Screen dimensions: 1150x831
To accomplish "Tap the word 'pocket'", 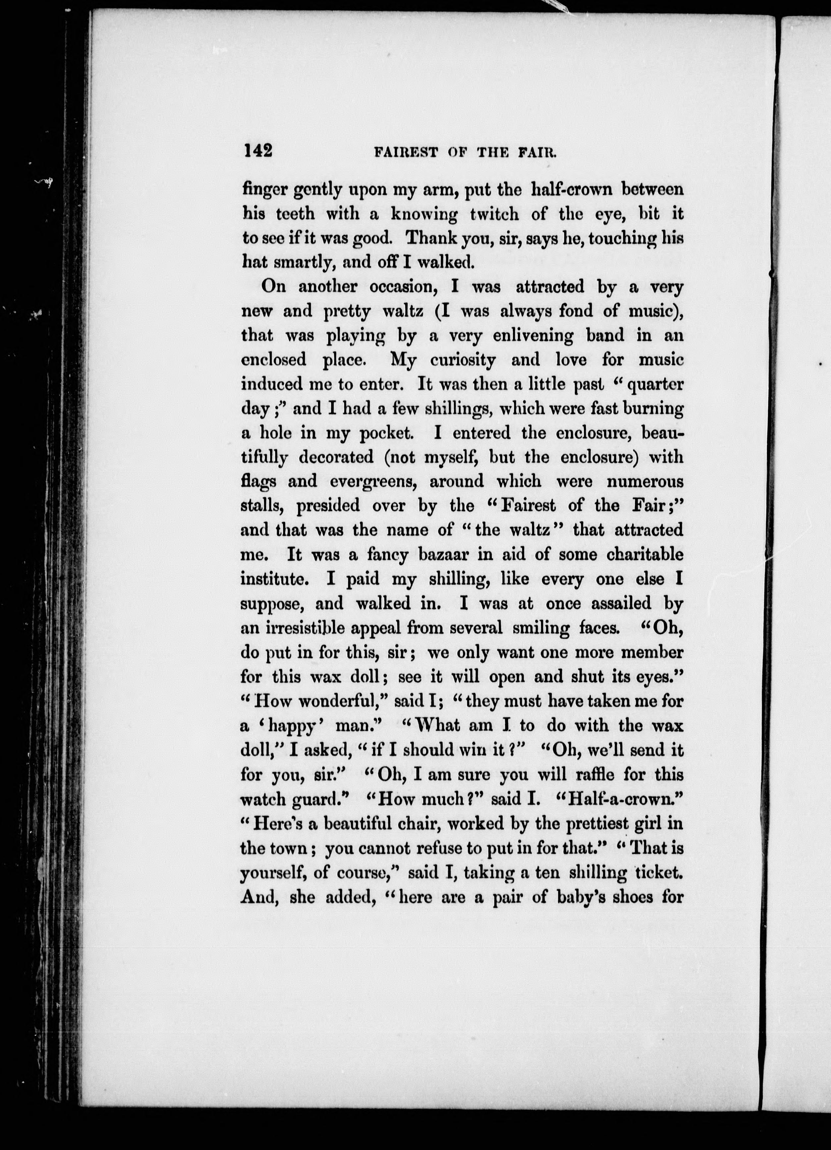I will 391,433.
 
